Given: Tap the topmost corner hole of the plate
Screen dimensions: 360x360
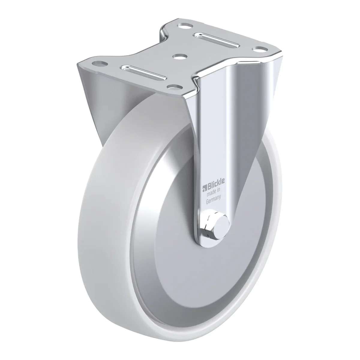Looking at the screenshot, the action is click(x=184, y=25).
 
